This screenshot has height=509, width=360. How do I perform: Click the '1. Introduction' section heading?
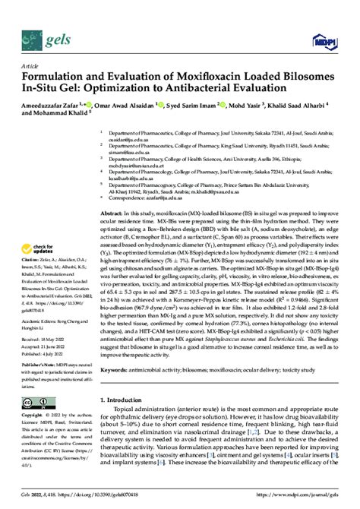pyautogui.click(x=127, y=400)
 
